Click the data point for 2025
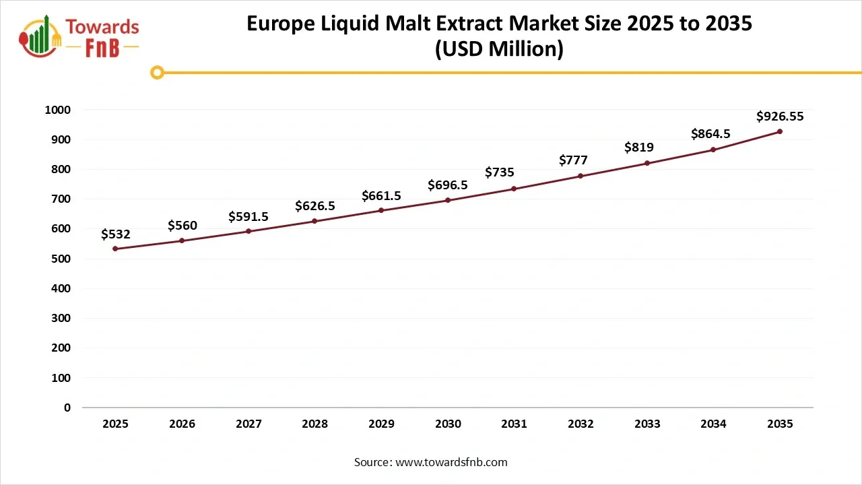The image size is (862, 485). coord(115,249)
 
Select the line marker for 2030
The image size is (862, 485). coord(448,200)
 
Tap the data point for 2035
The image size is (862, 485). coord(780,131)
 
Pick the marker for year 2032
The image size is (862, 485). coord(581,176)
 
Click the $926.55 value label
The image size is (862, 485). coord(780,117)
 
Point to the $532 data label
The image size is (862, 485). coord(115,234)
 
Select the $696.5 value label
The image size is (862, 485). coord(448,185)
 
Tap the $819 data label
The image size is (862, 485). coord(638,148)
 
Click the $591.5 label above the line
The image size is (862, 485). coord(248,216)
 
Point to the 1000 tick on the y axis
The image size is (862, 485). coord(57,110)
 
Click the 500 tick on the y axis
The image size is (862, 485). coord(61,259)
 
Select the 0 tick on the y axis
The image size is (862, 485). coord(67,408)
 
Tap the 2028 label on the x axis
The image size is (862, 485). coord(314,424)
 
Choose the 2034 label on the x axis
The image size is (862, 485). coord(713,424)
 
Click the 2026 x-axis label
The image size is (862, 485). coord(182,424)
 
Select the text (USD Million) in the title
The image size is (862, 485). coord(498,49)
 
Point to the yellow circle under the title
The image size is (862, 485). coord(157,72)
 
